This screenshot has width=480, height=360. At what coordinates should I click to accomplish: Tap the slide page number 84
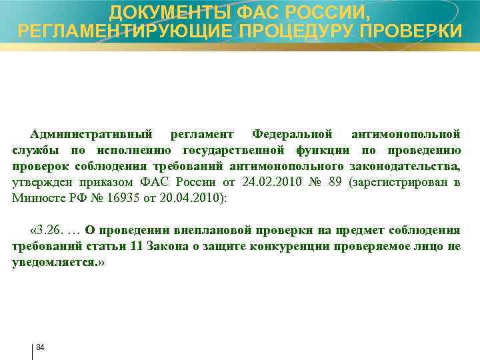coord(40,347)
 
